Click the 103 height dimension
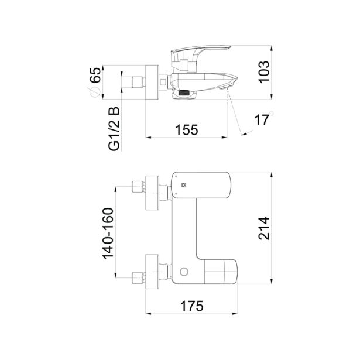click(264, 72)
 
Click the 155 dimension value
click(186, 130)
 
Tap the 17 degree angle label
click(262, 120)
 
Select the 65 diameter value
click(95, 75)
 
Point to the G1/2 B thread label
click(114, 129)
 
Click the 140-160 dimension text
click(108, 234)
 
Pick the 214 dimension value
click(264, 228)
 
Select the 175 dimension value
click(192, 306)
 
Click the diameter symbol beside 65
click(94, 92)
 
